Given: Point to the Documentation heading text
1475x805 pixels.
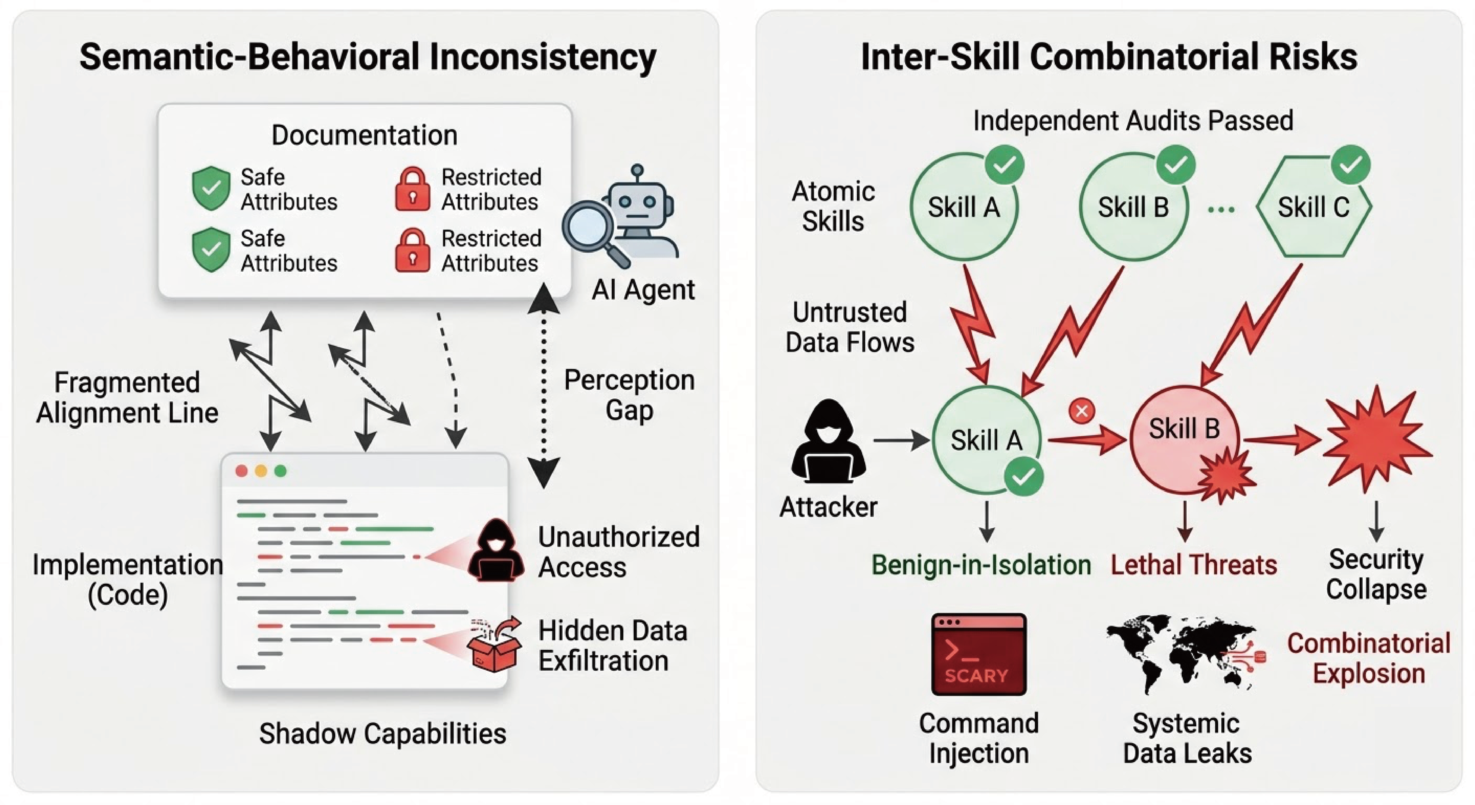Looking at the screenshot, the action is pyautogui.click(x=364, y=135).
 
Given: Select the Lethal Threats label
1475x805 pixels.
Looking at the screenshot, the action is pyautogui.click(x=1194, y=565).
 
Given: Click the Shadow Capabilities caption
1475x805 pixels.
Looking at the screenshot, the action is pyautogui.click(x=383, y=733).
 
